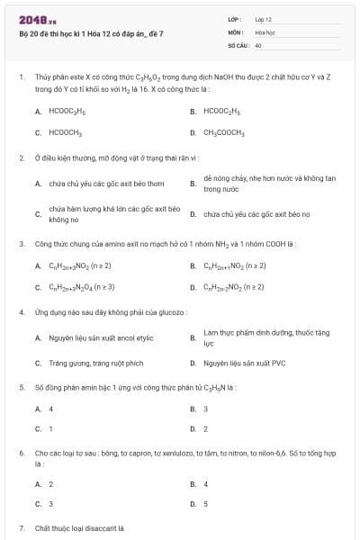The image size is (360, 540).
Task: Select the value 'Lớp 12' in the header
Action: (263, 19)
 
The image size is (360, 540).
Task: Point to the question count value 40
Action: (258, 44)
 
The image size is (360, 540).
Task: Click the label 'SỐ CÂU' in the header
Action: (238, 44)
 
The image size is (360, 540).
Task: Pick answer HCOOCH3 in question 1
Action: (66, 132)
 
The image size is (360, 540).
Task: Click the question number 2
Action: (21, 158)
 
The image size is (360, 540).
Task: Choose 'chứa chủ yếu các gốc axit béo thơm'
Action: (100, 184)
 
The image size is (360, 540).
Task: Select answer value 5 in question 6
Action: (206, 504)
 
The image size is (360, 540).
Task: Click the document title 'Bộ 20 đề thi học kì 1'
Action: (91, 33)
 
